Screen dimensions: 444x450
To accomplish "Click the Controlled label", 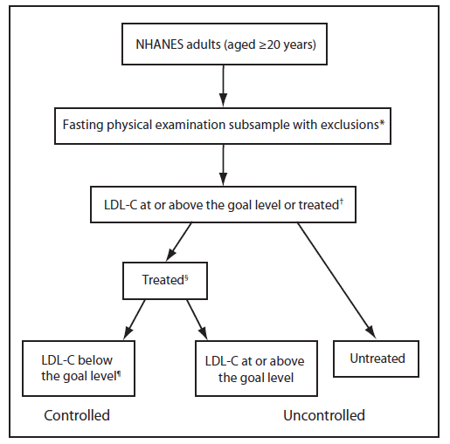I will click(77, 415).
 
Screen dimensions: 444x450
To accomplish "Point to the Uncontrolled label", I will click(323, 415).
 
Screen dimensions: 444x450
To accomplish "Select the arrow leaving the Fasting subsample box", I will click(224, 165).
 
